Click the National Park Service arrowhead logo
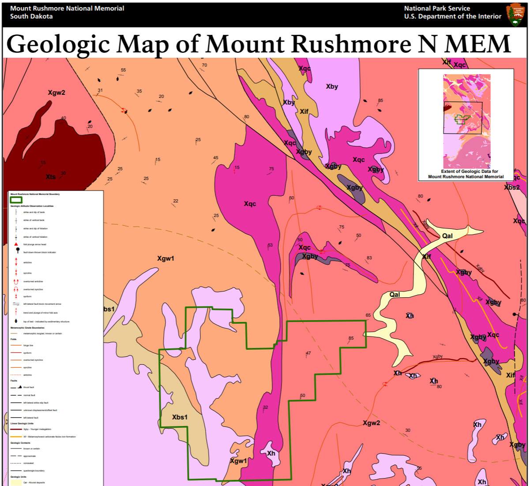pos(516,14)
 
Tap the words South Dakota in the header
pos(31,16)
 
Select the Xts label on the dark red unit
pos(51,177)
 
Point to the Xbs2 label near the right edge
pos(512,187)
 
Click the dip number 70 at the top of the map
pos(204,65)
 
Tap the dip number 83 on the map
pos(369,258)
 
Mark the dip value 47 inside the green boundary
pos(308,353)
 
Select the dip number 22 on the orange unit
pos(176,201)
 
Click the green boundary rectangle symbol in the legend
pos(16,200)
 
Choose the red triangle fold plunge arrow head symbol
pos(16,244)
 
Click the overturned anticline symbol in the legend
pos(16,281)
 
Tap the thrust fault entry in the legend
pos(16,387)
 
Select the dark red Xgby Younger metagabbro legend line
pos(16,429)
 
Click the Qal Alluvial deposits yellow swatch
pos(16,483)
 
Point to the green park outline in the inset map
pos(462,119)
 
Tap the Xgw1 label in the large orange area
pos(165,258)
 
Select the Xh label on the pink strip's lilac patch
pos(271,453)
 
